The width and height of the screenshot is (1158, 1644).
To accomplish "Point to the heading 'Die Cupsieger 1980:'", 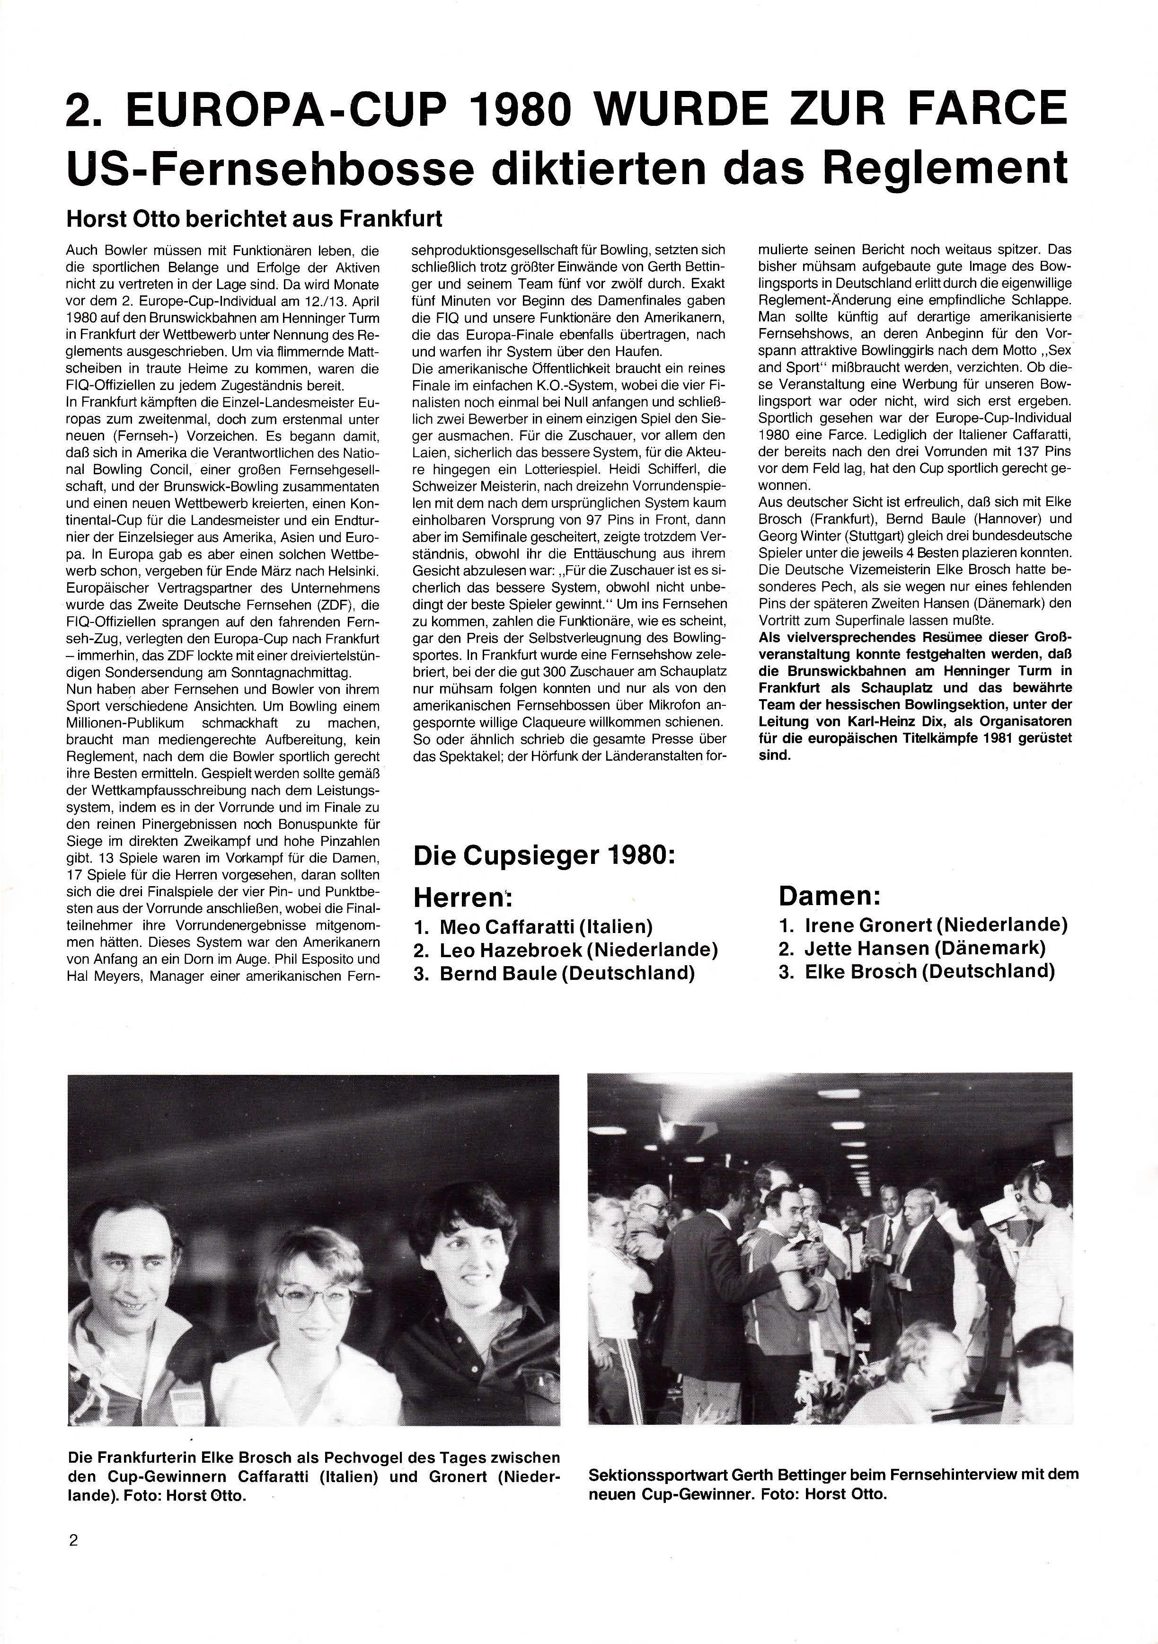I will [544, 858].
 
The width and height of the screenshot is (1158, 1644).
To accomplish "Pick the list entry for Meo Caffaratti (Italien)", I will [533, 927].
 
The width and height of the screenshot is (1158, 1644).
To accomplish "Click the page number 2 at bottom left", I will [73, 1541].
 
